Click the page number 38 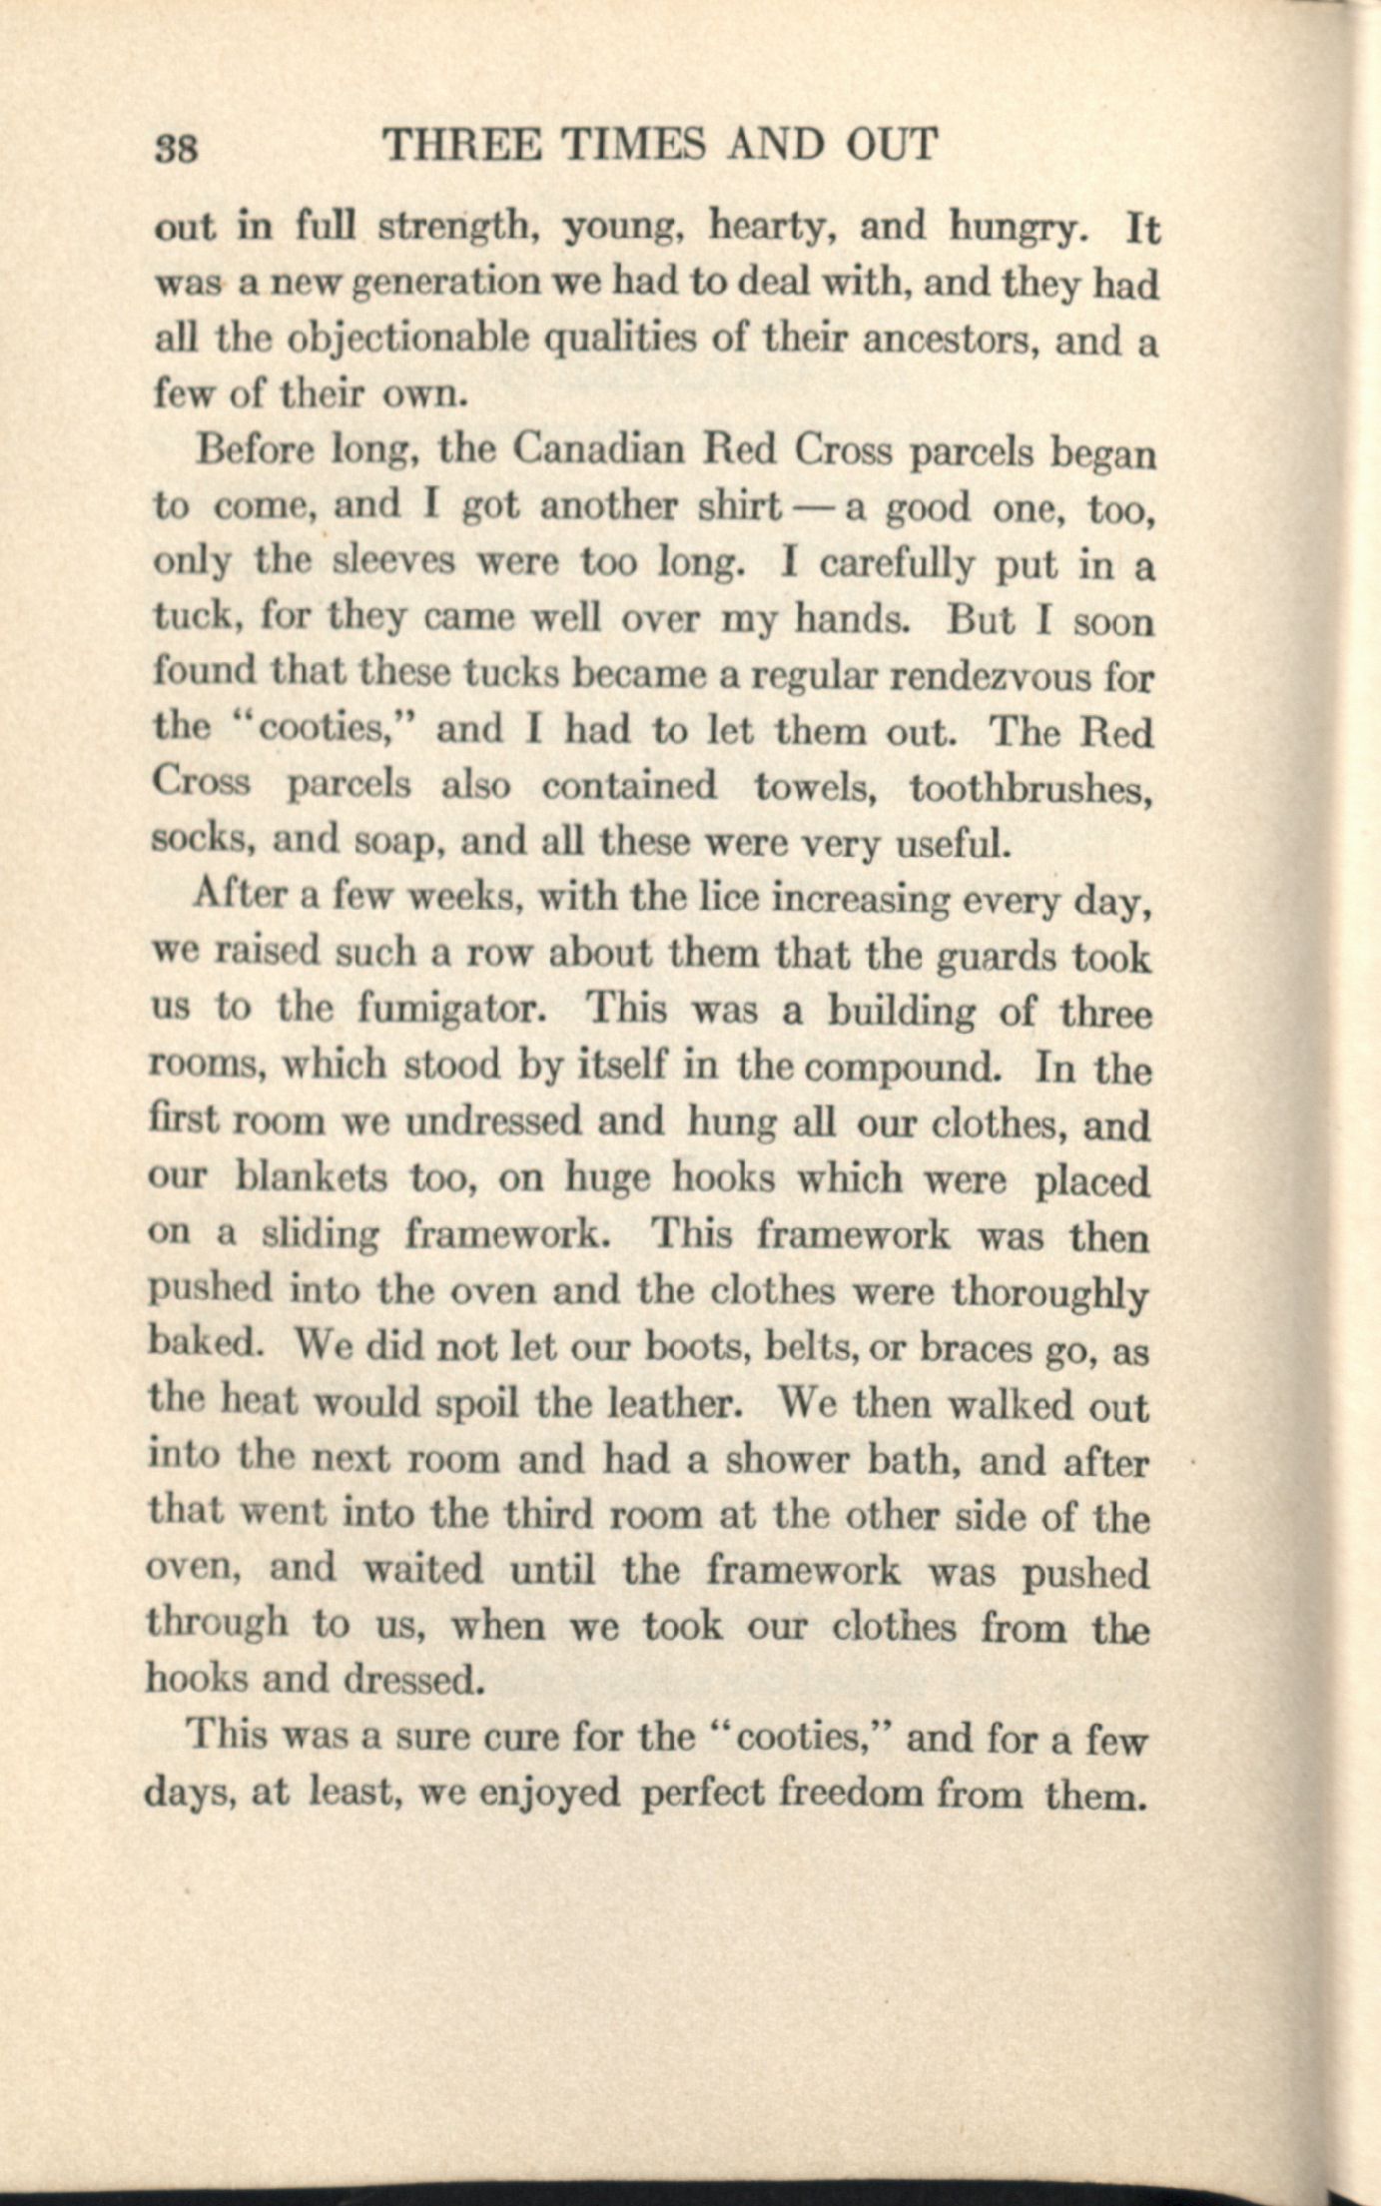pyautogui.click(x=176, y=147)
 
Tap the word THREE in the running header pyautogui.click(x=462, y=145)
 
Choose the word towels pyautogui.click(x=814, y=787)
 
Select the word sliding pyautogui.click(x=320, y=1235)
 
